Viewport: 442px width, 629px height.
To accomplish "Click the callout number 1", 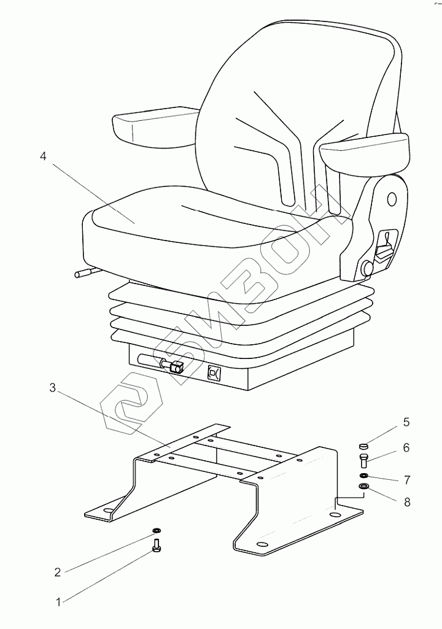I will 59,602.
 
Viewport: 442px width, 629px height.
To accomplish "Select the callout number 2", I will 58,572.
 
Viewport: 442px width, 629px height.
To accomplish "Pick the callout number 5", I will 406,422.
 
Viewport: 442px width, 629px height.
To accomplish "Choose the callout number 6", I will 406,448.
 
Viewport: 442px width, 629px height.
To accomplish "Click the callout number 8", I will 406,502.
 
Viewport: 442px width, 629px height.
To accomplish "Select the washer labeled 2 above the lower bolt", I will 156,530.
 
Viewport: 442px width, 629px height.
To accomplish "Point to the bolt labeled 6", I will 363,460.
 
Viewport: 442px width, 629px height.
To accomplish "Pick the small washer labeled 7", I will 363,476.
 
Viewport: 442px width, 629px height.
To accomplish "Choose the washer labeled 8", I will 363,488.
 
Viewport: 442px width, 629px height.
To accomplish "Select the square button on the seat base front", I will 214,372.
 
